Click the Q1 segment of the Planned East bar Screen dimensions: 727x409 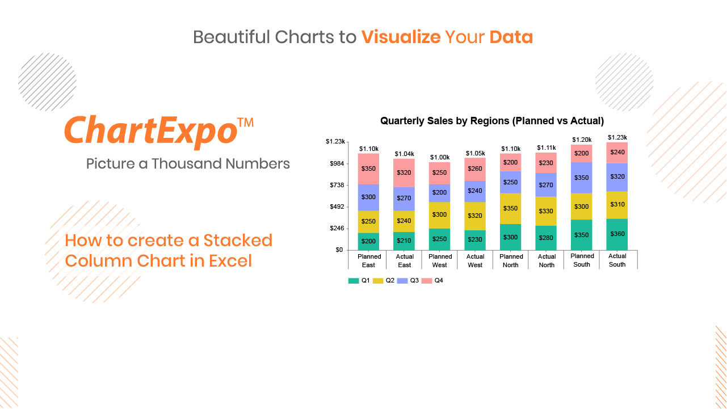coord(368,241)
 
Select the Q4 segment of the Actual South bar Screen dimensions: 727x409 coord(617,153)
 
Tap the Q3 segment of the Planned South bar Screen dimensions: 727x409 coord(581,178)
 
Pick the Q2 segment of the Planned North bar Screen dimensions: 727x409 coord(510,209)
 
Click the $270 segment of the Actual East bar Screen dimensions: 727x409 coord(404,199)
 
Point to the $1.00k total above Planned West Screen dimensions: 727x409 coord(440,157)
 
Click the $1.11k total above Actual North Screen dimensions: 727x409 coord(546,148)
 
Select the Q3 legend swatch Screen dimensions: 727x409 coord(402,281)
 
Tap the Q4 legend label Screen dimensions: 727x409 coord(439,281)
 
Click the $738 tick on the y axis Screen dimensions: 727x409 coord(337,185)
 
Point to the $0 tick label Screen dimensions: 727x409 coord(339,250)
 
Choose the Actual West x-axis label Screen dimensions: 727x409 coord(475,261)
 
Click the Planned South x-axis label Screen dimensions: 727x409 coord(582,260)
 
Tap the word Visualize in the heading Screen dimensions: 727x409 coord(401,37)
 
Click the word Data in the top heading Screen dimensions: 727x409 coord(511,37)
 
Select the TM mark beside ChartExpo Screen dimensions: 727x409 coord(245,123)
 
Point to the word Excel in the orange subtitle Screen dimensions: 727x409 coord(230,261)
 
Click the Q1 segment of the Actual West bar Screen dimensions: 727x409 coord(475,240)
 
